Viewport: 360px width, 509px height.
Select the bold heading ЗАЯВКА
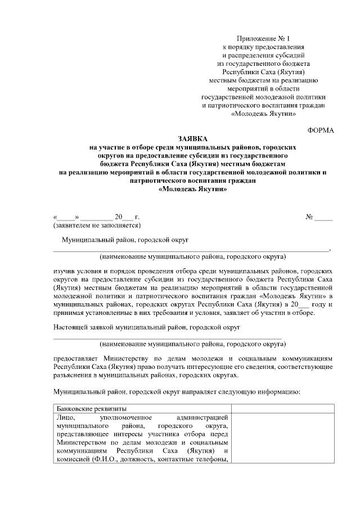point(192,138)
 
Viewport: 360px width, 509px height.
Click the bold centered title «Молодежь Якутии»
point(192,190)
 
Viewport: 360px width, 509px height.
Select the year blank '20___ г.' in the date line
point(127,217)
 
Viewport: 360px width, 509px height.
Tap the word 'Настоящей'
point(71,326)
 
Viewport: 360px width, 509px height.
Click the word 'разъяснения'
point(75,374)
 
